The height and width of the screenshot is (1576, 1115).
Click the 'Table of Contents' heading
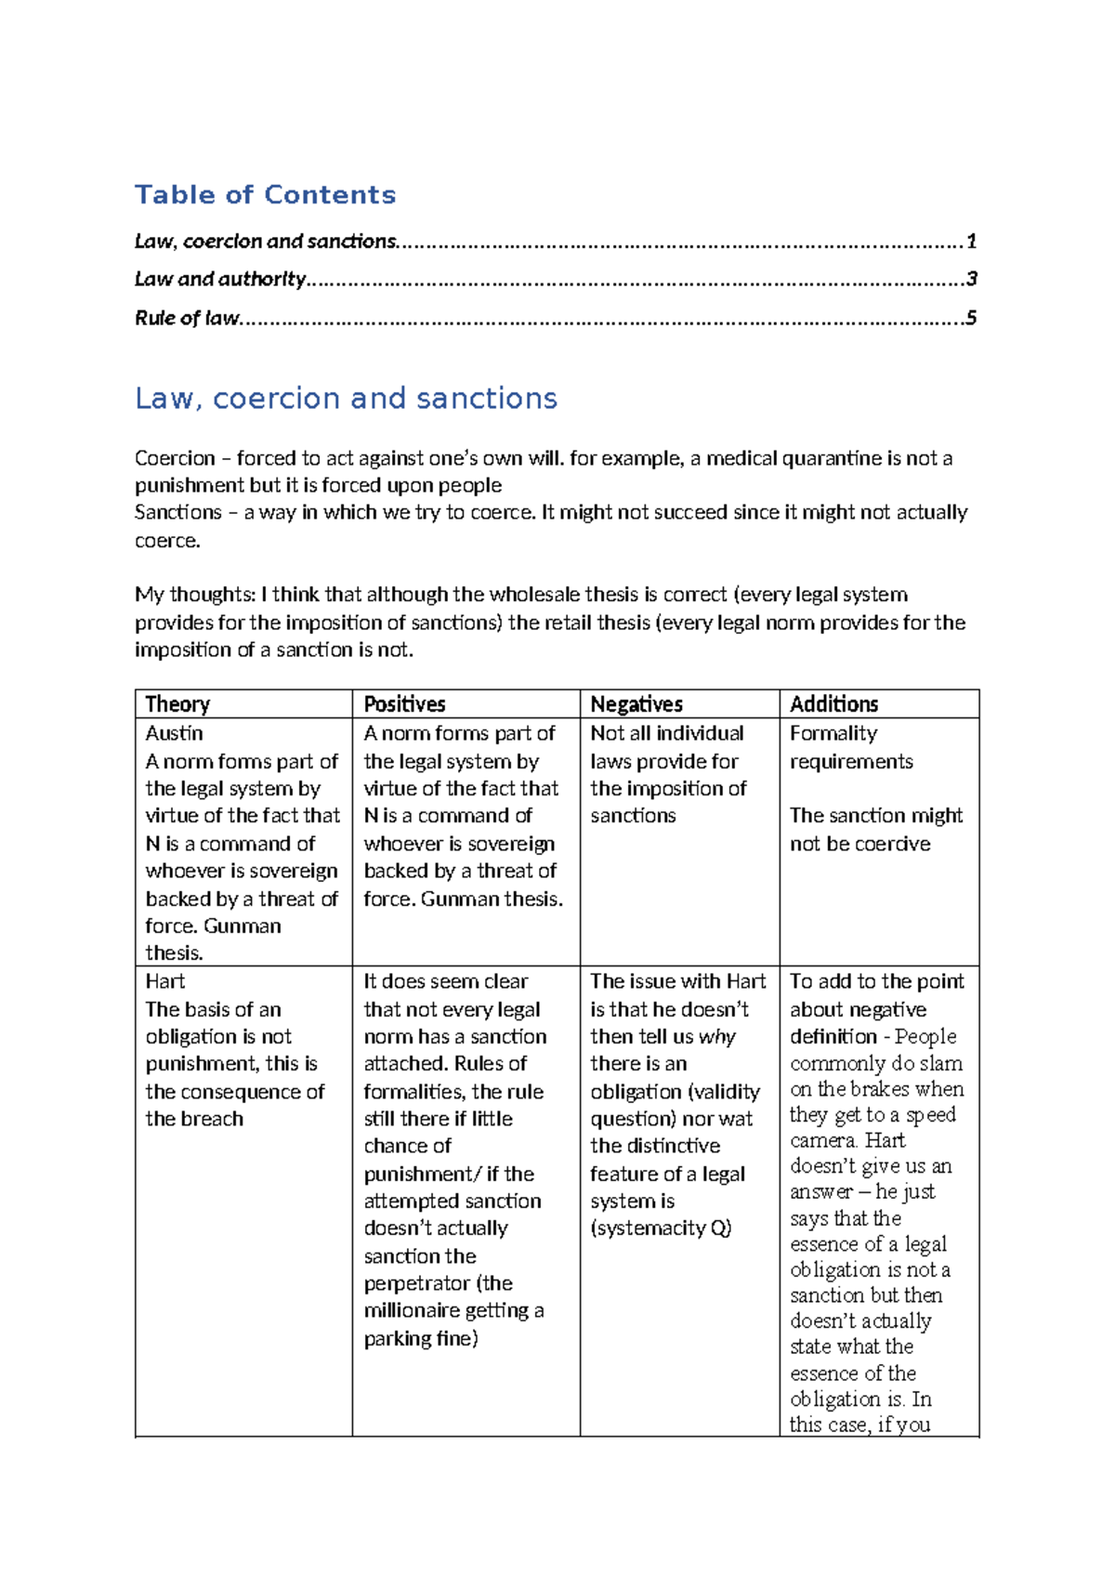coord(265,194)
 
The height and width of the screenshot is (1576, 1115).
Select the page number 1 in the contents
coord(971,242)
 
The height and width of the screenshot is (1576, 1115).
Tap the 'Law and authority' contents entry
coord(220,279)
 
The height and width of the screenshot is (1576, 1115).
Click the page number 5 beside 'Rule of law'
coord(971,318)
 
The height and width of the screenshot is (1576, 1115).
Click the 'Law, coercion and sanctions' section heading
coord(346,398)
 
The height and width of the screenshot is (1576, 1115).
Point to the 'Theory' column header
coord(177,703)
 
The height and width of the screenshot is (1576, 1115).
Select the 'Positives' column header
coord(404,703)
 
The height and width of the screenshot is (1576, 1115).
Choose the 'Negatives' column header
coord(636,703)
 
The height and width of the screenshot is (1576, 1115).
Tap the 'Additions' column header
coord(833,703)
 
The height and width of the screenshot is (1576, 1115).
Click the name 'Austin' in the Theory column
coord(174,733)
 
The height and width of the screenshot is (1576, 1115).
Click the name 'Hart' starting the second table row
coord(165,981)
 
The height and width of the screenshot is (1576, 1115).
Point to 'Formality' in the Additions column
coord(833,733)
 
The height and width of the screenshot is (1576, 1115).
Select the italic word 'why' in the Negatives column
coord(716,1037)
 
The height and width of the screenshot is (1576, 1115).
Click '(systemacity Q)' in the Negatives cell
coord(661,1228)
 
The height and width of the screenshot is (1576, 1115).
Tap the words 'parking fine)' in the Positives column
coord(421,1338)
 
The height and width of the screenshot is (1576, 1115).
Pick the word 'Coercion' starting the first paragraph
coord(175,458)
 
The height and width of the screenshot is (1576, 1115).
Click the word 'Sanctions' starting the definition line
coord(177,512)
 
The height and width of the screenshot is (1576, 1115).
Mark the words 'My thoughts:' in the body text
coord(195,595)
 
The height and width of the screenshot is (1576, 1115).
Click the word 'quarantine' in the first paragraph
coord(832,458)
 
